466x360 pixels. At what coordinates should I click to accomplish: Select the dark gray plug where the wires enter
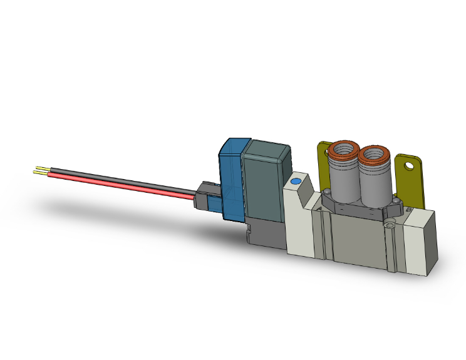tap(205, 195)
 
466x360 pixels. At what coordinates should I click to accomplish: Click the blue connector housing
tap(232, 182)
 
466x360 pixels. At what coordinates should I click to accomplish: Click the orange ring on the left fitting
tap(343, 148)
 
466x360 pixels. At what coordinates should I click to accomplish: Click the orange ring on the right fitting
tap(375, 153)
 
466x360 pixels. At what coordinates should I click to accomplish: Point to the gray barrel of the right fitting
tap(374, 185)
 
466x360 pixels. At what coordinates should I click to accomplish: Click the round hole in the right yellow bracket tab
tap(410, 166)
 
